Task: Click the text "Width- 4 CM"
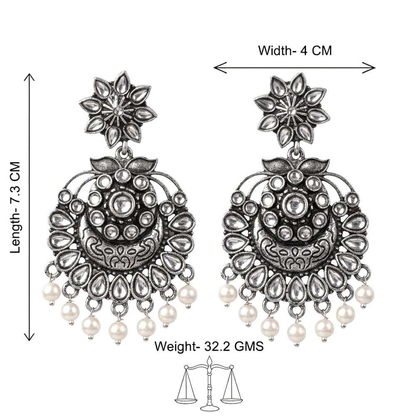(295, 50)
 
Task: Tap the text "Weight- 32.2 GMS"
(209, 346)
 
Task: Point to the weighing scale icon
(208, 386)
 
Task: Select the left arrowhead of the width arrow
(220, 68)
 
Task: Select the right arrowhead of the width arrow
(369, 68)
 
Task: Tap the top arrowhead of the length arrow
(29, 77)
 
